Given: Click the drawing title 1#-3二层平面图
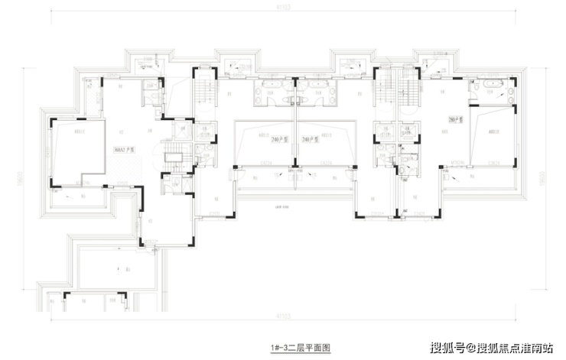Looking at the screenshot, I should pos(300,347).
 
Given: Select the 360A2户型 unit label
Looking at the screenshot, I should pos(124,150).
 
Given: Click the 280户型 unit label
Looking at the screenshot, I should pos(457,119).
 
